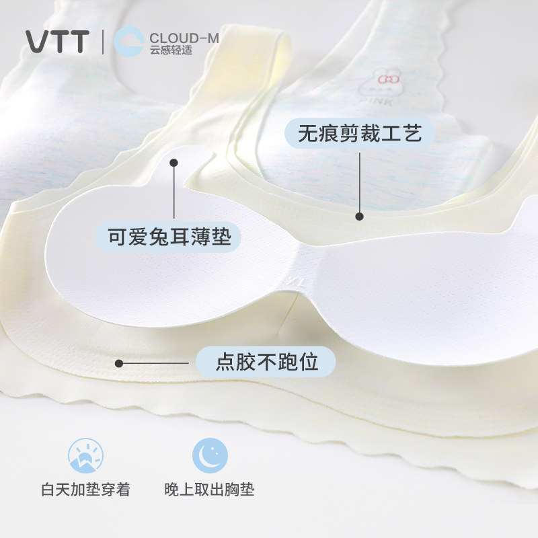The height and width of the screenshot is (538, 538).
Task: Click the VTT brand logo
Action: click(x=57, y=42)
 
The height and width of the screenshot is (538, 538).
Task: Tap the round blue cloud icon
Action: click(x=128, y=41)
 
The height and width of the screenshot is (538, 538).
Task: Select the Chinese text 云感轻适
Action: click(x=171, y=50)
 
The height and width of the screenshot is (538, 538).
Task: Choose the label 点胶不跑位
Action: click(x=266, y=363)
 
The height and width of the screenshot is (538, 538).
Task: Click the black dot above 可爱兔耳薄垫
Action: click(x=173, y=163)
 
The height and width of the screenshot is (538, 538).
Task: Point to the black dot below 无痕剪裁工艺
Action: click(x=359, y=217)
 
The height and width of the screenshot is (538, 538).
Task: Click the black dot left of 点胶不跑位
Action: click(x=119, y=363)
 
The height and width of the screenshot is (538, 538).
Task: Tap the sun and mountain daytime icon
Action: click(x=85, y=455)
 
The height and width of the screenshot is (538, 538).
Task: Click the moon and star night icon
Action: click(x=210, y=455)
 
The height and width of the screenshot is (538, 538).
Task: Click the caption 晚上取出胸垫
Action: click(x=210, y=490)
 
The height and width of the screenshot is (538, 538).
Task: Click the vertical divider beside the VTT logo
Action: click(x=102, y=42)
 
